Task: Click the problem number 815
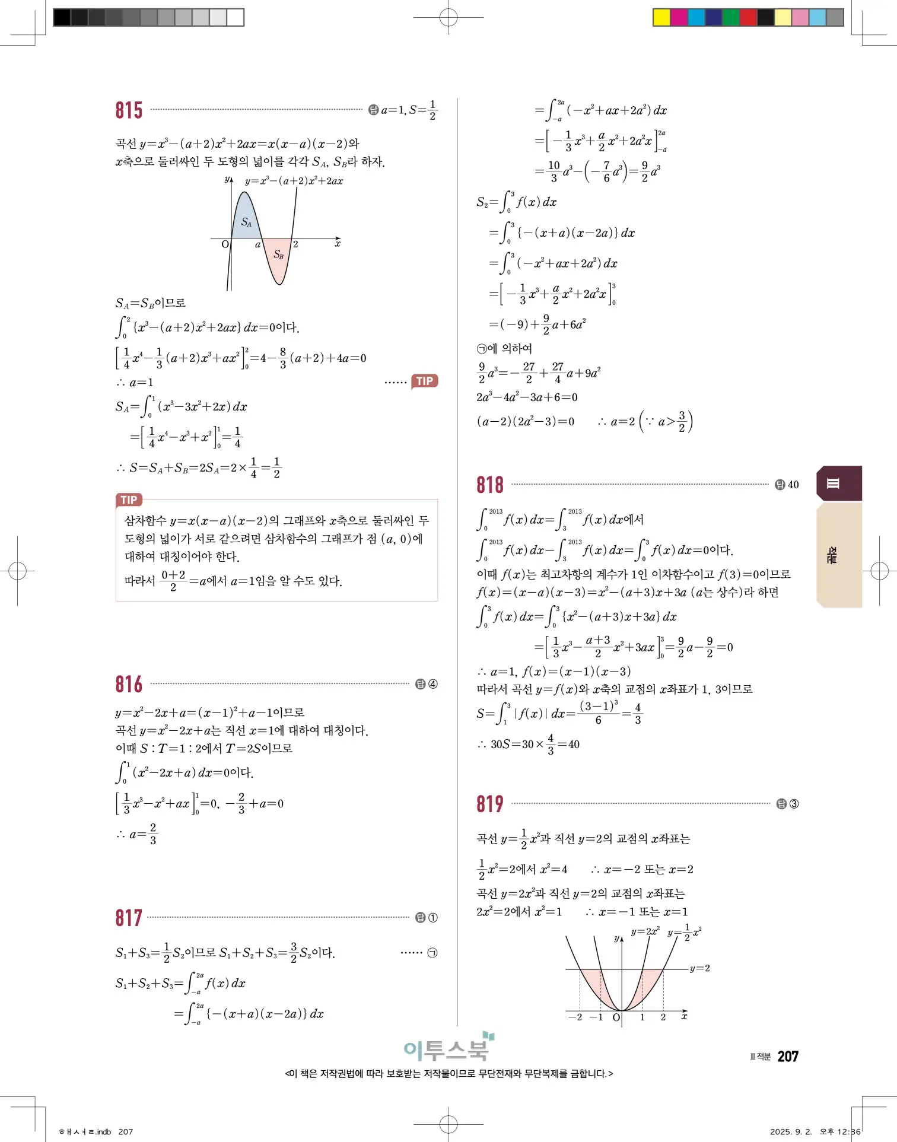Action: point(129,110)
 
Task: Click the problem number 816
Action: point(129,684)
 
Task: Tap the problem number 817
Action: point(129,918)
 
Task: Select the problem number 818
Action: point(490,485)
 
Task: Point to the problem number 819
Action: point(490,804)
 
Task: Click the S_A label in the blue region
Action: point(246,222)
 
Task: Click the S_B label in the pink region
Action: point(278,255)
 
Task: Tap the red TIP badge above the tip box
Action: point(129,500)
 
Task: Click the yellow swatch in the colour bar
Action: point(661,17)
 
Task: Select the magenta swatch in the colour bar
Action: point(679,17)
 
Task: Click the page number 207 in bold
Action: point(788,1056)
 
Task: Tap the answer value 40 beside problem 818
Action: point(793,485)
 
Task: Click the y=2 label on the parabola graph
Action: point(699,968)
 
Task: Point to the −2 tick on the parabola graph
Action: point(575,1017)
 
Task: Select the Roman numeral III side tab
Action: point(834,483)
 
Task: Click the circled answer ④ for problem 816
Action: point(433,684)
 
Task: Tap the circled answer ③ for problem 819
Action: point(794,804)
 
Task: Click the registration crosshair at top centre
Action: point(448,18)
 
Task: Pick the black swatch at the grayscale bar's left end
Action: point(62,17)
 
